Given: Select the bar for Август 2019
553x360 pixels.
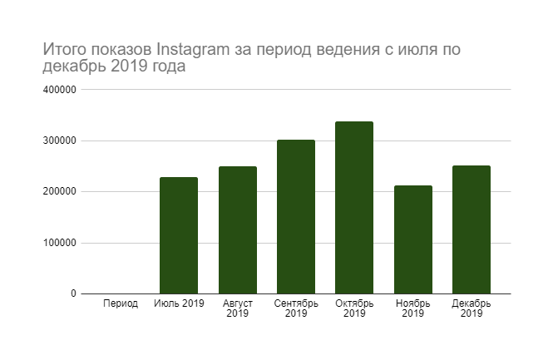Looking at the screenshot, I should [x=237, y=230].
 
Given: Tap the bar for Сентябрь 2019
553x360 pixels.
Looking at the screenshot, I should [x=295, y=217].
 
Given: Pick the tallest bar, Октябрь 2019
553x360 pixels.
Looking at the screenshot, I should [x=353, y=208].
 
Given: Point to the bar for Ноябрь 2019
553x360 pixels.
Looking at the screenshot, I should [x=412, y=239].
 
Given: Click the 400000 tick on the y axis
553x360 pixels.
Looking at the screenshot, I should [x=60, y=90].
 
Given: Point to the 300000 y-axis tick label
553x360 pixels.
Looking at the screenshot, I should [x=60, y=141].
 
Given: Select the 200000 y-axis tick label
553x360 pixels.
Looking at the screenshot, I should [x=60, y=192].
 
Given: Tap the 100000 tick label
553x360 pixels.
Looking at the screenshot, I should [x=60, y=243].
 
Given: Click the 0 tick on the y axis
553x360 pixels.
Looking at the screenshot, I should [x=72, y=293].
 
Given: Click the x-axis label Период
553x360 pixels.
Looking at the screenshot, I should [x=121, y=303].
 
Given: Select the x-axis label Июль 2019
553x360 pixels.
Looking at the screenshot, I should [x=179, y=303].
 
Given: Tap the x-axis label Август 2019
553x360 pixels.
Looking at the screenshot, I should [x=237, y=308].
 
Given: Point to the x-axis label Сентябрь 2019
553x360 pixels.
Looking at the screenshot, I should [x=295, y=308].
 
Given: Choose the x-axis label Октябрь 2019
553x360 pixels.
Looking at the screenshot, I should [x=353, y=308].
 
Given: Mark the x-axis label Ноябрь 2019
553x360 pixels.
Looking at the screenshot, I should [x=412, y=308].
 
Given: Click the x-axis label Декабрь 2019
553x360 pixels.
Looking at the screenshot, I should [x=471, y=308].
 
